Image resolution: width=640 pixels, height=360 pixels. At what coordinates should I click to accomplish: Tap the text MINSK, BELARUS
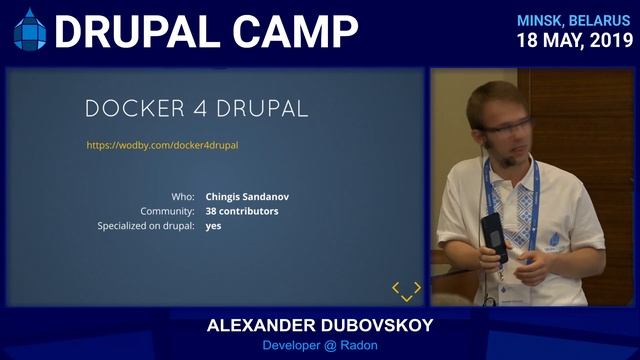574,20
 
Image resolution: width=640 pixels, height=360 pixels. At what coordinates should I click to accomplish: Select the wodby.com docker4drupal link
162,145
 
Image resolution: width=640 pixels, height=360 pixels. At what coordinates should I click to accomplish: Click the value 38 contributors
242,212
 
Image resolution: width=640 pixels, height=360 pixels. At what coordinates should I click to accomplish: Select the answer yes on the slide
213,227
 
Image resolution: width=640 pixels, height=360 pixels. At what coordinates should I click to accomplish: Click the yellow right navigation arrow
417,288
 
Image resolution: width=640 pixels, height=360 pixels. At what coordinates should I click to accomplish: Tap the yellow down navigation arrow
406,298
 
